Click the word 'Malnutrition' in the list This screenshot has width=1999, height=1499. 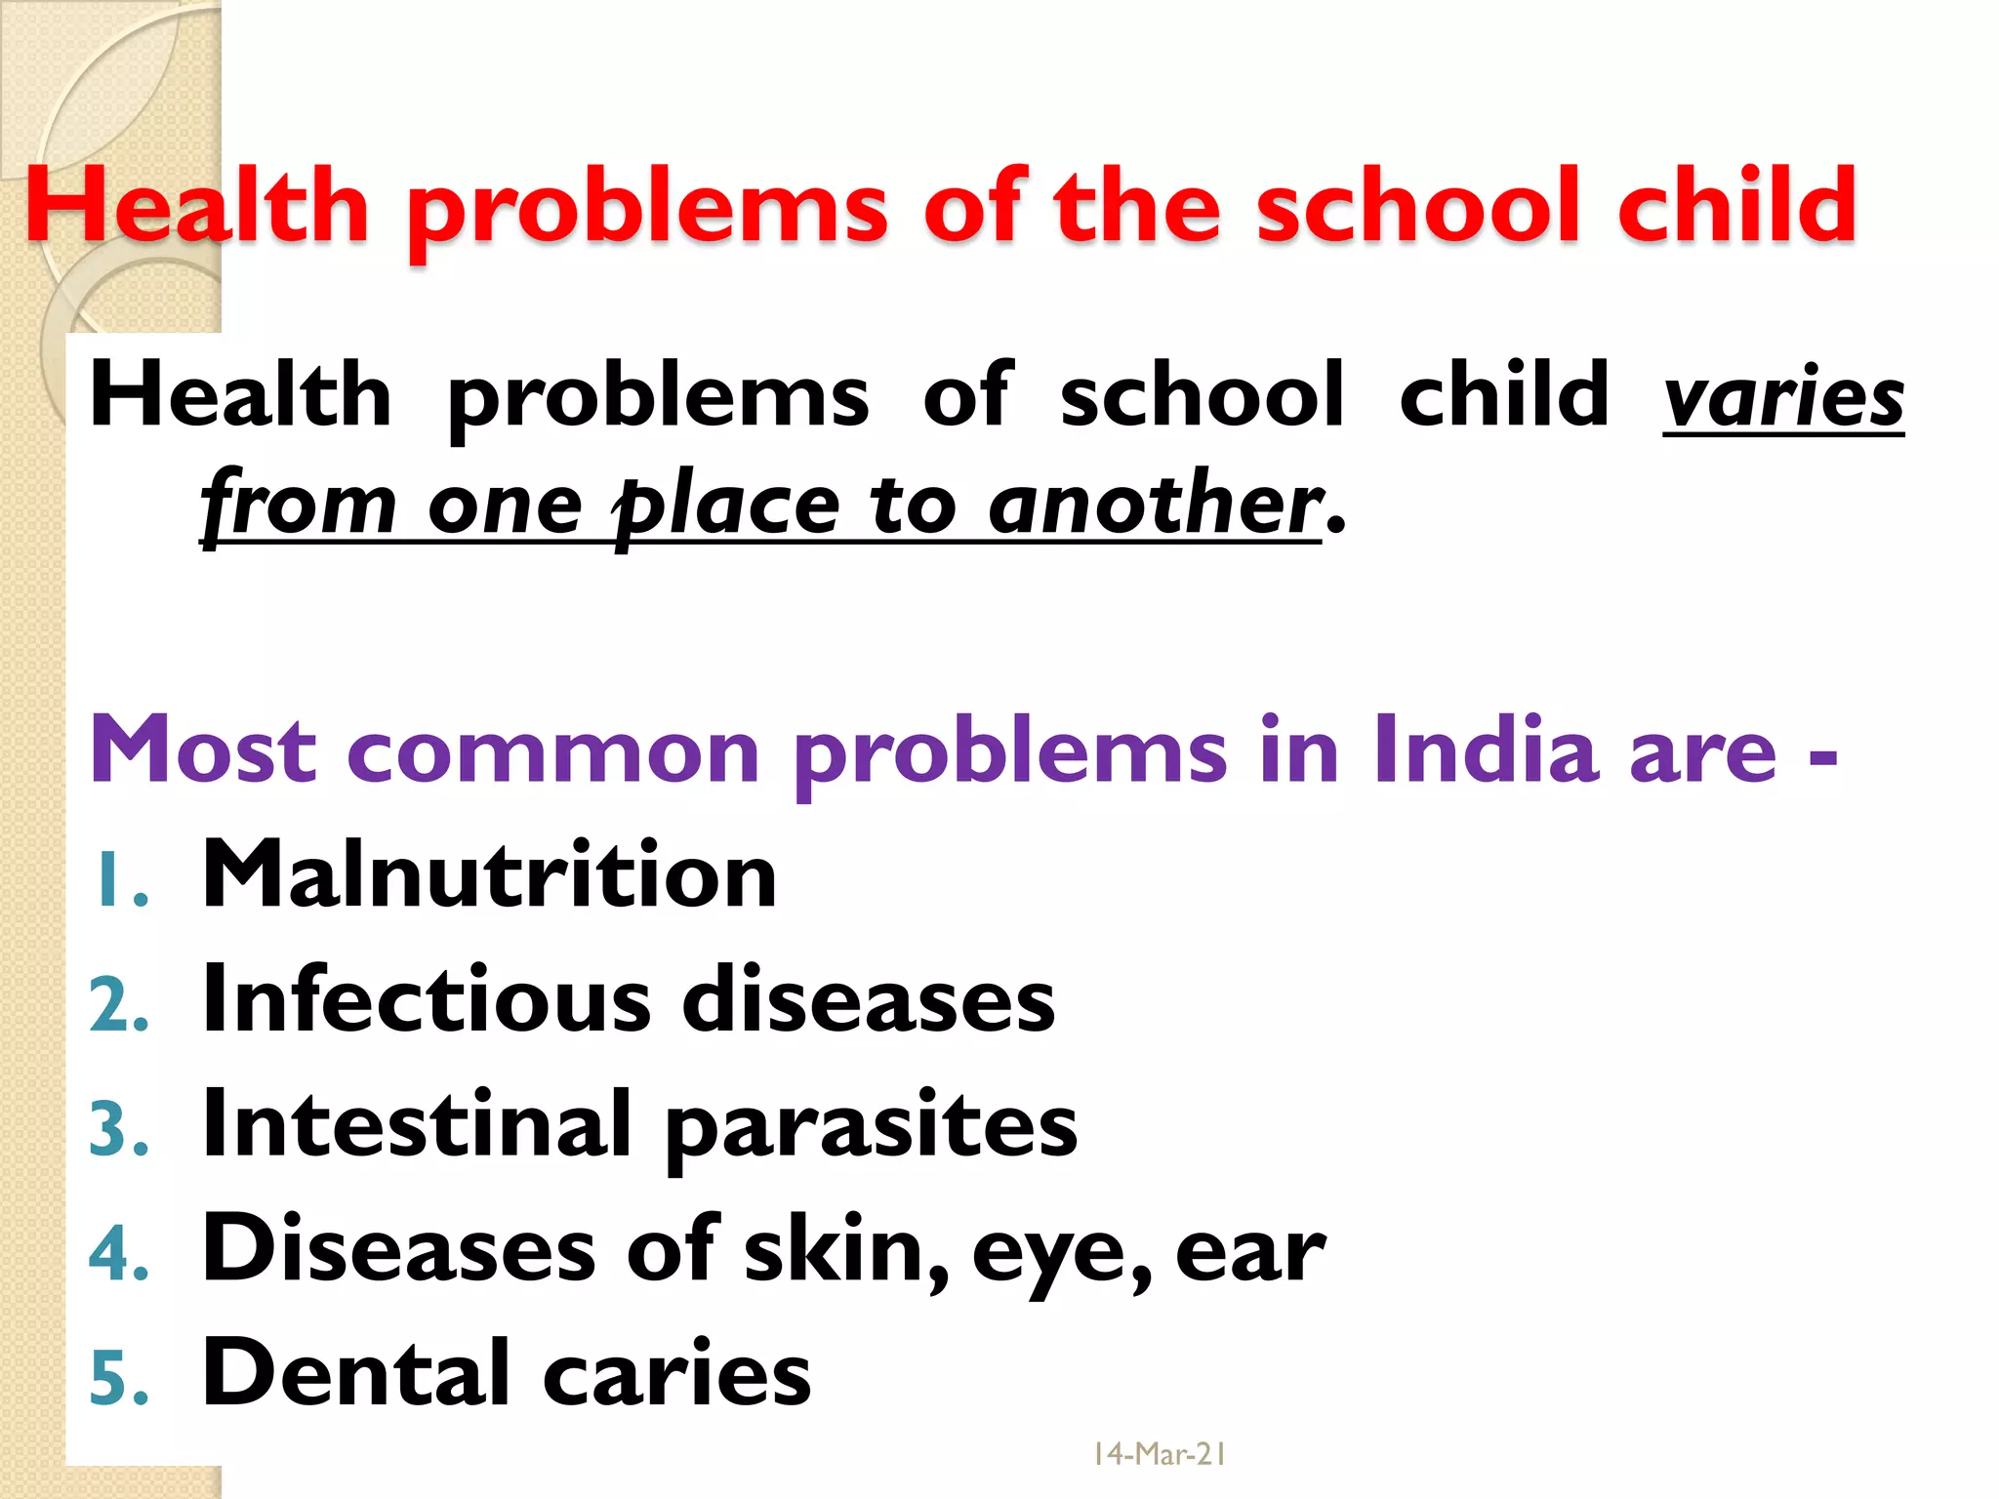(489, 874)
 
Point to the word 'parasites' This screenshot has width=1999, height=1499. (872, 1130)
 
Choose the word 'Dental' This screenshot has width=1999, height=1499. (355, 1373)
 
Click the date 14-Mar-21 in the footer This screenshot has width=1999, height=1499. (1159, 1455)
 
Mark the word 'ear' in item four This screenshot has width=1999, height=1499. (1250, 1254)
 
